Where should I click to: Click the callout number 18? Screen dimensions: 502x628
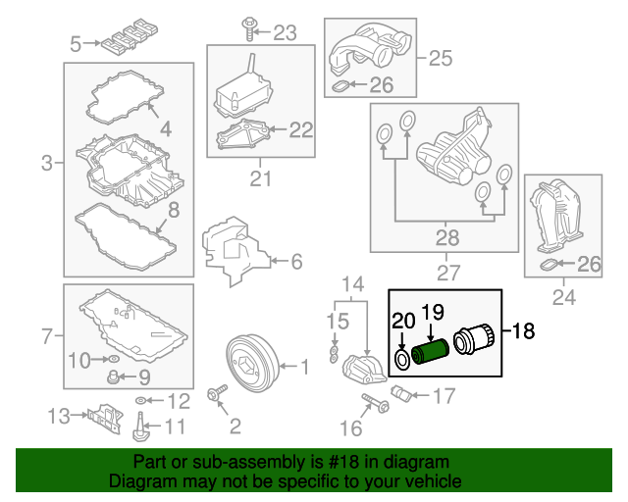coord(523,330)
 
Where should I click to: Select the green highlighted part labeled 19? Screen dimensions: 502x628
coord(429,350)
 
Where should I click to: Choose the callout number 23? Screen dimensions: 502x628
coord(284,33)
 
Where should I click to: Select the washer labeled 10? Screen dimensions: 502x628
coord(111,359)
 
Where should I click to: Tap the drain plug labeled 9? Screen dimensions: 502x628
coord(114,376)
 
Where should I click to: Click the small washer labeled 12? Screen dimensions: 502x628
coord(142,401)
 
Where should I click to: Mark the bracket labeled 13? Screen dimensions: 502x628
coord(101,417)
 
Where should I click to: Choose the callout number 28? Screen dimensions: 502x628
coord(446,237)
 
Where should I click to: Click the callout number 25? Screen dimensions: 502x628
coord(441,58)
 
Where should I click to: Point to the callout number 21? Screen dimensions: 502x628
coord(259,177)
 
